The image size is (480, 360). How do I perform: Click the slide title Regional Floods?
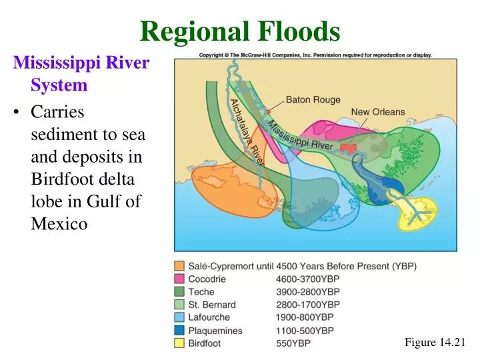coord(240,31)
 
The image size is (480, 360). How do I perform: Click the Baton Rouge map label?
coord(313,100)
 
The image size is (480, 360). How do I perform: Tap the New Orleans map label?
coord(378,112)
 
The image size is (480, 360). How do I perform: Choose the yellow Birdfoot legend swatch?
coord(179,343)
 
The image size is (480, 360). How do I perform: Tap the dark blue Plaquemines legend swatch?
coord(179,331)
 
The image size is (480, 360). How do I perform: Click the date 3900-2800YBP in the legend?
coord(307,292)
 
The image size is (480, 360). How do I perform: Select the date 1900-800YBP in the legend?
coord(305,318)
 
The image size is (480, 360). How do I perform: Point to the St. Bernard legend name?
coord(212,305)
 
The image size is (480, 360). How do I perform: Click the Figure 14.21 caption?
coord(434,342)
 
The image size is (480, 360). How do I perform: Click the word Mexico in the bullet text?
coord(59,223)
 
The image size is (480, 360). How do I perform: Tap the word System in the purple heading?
coord(59,85)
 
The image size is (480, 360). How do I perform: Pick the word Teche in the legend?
coord(201,292)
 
